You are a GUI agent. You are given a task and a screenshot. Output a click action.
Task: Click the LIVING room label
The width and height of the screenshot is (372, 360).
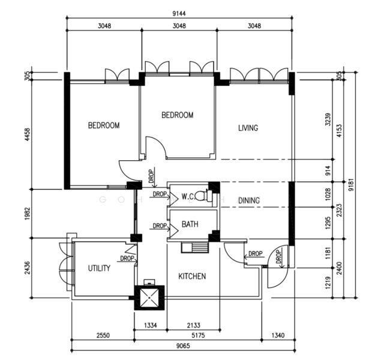point(248,128)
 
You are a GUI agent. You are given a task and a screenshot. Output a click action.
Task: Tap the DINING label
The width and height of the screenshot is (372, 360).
point(249,200)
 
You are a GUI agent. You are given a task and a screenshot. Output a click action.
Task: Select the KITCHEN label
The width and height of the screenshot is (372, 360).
point(192,276)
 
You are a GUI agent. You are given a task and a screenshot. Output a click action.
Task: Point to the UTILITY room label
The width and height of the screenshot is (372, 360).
point(99,268)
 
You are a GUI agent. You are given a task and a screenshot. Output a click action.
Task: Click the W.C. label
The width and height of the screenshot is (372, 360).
point(188,196)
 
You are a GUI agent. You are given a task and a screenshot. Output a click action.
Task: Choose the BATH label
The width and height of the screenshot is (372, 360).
point(190,224)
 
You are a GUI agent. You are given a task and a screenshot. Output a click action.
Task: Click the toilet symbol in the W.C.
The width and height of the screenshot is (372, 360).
point(204,196)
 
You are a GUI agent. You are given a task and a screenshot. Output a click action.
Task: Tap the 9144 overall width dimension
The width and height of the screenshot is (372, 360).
point(179,14)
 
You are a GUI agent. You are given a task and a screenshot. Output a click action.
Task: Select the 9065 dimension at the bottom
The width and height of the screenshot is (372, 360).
point(183,346)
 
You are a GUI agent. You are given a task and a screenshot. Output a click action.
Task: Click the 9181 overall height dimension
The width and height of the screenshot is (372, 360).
point(351,185)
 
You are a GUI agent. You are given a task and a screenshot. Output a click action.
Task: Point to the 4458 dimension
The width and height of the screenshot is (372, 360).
point(28,134)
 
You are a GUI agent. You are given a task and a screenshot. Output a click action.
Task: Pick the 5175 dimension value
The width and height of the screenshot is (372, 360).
point(198,335)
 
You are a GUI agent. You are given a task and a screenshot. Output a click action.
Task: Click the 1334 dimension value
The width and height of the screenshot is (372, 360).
point(151,325)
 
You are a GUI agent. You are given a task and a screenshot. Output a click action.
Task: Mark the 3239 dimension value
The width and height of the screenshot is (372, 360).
point(328,119)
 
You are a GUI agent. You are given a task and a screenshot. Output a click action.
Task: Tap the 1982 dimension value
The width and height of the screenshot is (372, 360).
point(28,214)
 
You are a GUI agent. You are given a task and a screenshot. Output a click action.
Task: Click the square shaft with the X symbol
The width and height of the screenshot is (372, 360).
point(149,298)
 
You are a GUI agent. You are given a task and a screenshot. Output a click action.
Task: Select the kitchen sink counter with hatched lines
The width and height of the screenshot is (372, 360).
point(195,247)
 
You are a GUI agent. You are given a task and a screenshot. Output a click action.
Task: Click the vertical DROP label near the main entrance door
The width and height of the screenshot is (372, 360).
point(278,257)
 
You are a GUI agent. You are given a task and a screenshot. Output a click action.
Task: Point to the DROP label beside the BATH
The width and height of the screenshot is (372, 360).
point(160,226)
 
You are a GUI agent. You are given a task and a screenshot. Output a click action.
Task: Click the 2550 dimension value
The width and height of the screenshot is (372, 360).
point(103,335)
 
